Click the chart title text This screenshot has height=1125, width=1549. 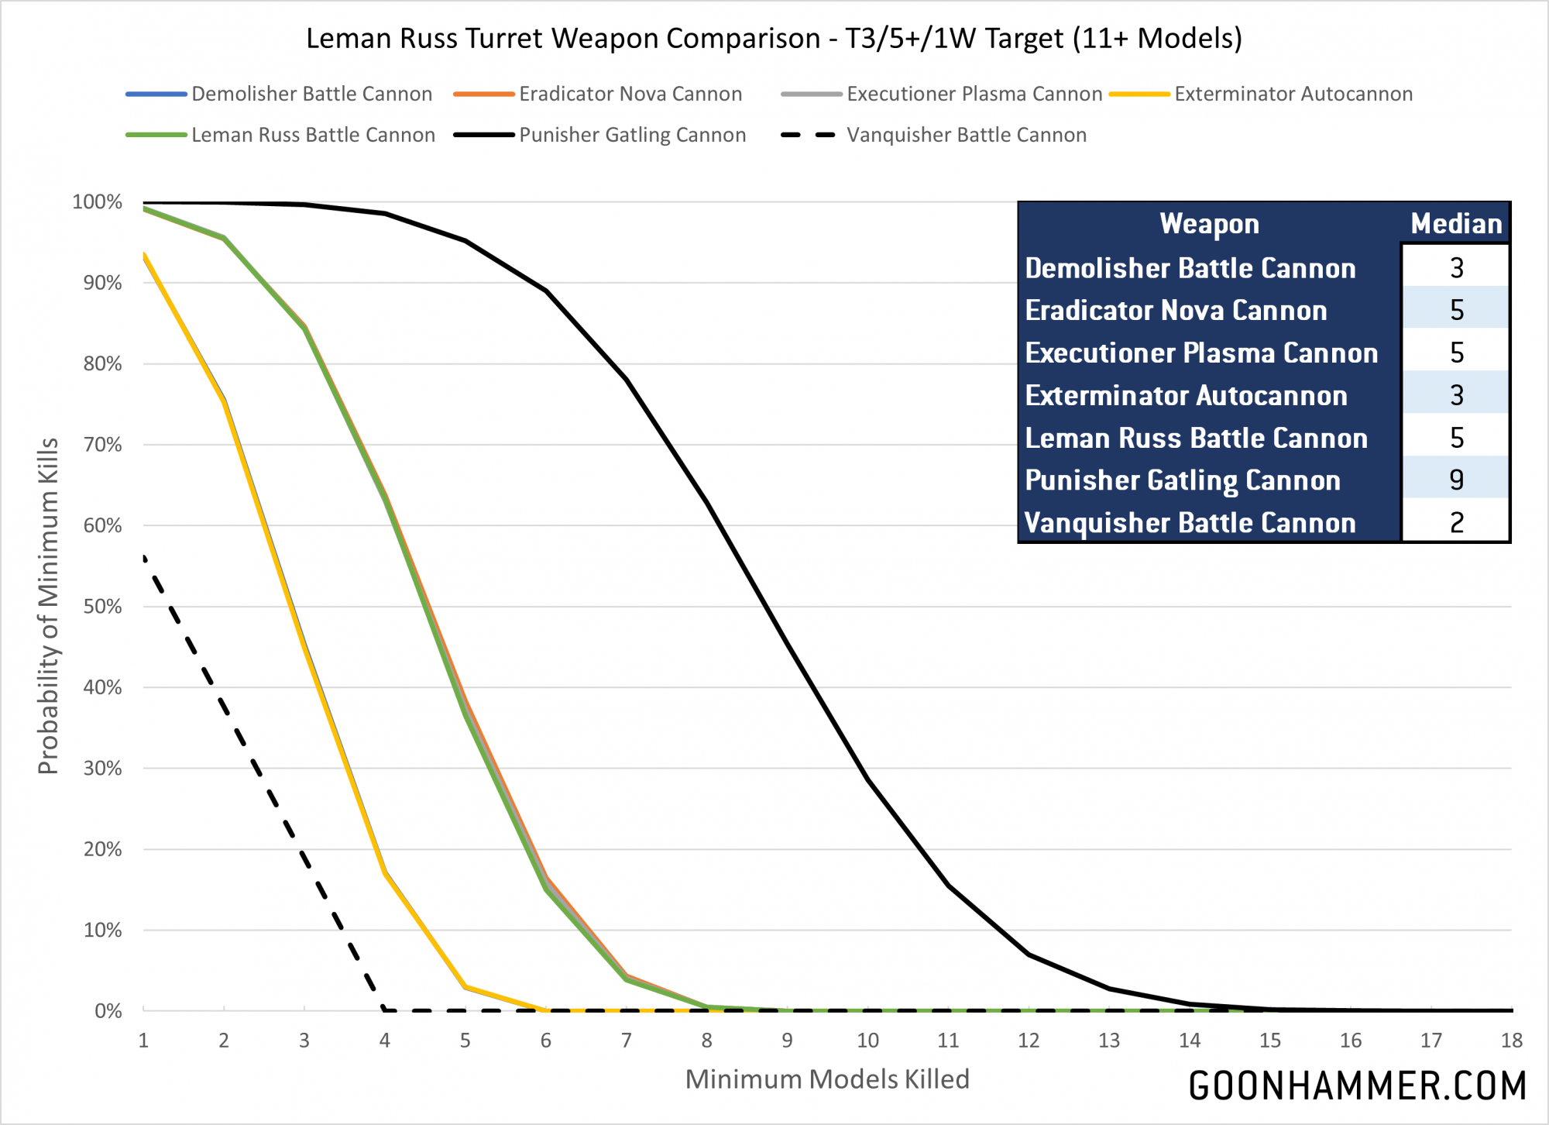[774, 38]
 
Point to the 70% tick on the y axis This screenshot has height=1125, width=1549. [103, 445]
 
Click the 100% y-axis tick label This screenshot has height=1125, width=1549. [98, 202]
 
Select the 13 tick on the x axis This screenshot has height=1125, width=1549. [1109, 1041]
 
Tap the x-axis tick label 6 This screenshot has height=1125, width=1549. [546, 1041]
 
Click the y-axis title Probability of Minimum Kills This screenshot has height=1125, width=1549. [48, 606]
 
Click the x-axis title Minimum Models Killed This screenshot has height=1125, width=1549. [827, 1079]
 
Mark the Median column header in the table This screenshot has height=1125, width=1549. [1456, 224]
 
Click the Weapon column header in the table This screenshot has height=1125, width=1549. [1209, 224]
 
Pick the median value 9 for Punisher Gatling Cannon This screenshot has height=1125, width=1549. [1456, 480]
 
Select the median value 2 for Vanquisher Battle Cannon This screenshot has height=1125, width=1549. [1456, 523]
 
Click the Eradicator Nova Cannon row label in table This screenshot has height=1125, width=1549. [1176, 311]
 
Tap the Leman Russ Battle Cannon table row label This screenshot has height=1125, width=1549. [1196, 439]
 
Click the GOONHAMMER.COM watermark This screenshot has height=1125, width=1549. [1357, 1086]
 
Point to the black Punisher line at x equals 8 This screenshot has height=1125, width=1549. [707, 503]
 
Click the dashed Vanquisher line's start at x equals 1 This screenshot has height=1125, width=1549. [145, 558]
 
